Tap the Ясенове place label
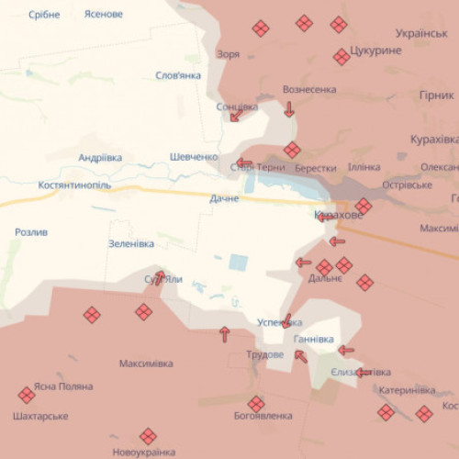103,15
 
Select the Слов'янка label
178,75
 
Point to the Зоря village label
229,54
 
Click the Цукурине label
376,50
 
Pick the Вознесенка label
309,90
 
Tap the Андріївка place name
100,158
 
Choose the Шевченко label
194,157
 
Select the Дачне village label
224,198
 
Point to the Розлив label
31,232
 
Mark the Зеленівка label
131,243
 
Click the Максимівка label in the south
146,364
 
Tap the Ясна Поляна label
63,386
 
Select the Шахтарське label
40,417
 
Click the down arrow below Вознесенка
289,109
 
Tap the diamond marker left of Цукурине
341,57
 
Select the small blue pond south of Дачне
238,262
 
